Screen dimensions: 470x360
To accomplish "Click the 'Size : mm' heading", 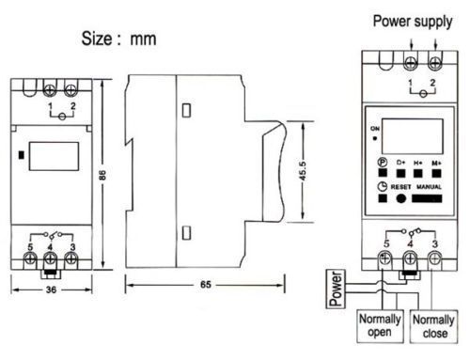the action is (x=118, y=39).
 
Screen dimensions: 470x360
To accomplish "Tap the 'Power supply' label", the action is (x=413, y=22).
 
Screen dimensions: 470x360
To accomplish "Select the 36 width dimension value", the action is (x=51, y=290).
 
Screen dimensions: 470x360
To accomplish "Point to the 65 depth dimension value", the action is (x=206, y=285).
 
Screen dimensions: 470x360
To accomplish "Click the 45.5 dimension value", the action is (x=303, y=171).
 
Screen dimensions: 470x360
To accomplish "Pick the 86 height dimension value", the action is (x=102, y=175).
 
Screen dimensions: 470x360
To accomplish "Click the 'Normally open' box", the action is (x=380, y=326).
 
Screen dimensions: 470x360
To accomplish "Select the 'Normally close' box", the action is (x=433, y=326).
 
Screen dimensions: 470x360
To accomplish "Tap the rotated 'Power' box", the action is (x=336, y=289).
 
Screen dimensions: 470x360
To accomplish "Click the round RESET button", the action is (x=401, y=198).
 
